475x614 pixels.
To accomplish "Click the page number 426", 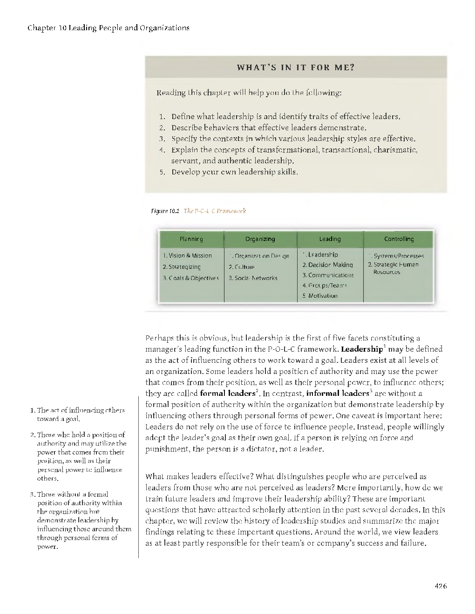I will pyautogui.click(x=440, y=586).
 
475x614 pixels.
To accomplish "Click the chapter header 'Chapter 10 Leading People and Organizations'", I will pyautogui.click(x=109, y=28).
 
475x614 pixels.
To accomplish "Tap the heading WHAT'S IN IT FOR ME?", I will pyautogui.click(x=296, y=67).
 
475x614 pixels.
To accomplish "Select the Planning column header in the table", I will pyautogui.click(x=191, y=239).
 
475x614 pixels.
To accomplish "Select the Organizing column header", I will pyautogui.click(x=260, y=239).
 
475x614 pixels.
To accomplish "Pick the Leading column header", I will pyautogui.click(x=330, y=239).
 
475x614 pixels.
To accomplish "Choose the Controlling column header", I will pyautogui.click(x=399, y=239).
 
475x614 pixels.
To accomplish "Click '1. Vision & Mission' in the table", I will pyautogui.click(x=187, y=255).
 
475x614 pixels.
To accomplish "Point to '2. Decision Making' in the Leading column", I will pyautogui.click(x=327, y=265).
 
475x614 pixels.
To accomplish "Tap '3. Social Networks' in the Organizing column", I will pyautogui.click(x=253, y=278).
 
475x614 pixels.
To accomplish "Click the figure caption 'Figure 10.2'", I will pyautogui.click(x=165, y=211).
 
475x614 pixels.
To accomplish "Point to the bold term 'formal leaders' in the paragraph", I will pyautogui.click(x=227, y=394).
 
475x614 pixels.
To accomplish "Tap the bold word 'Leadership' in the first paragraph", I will pyautogui.click(x=361, y=349).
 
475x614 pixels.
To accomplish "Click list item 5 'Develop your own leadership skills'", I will pyautogui.click(x=234, y=172).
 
